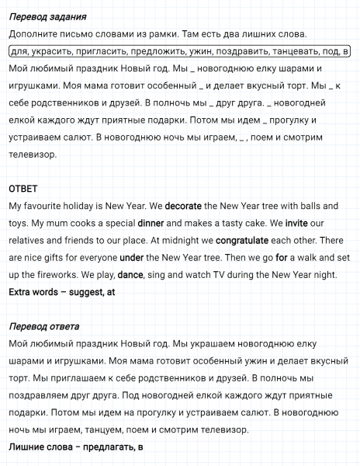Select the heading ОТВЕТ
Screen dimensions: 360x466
click(x=23, y=188)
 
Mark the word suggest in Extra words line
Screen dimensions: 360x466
click(x=87, y=291)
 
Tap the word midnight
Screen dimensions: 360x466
click(x=182, y=239)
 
